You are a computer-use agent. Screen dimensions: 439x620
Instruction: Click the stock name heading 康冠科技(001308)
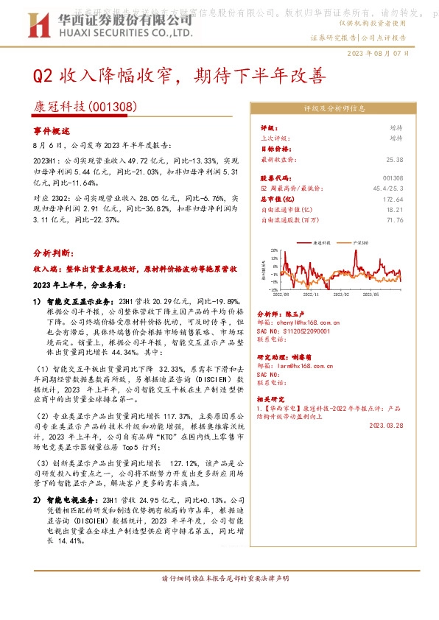85,107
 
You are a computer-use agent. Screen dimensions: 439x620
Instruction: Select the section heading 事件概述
52,130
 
